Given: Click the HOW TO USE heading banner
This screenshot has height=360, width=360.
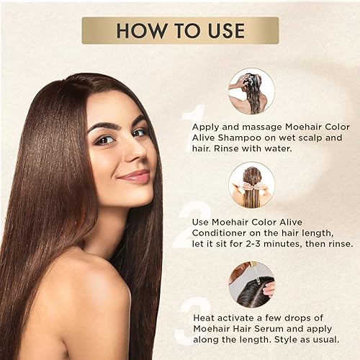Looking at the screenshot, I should pos(180,30).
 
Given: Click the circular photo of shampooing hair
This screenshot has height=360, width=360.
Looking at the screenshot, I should pos(251,91).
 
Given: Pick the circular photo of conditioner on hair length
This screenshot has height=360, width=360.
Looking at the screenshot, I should pos(251,184).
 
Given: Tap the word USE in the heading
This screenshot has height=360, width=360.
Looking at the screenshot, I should pos(222,31).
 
